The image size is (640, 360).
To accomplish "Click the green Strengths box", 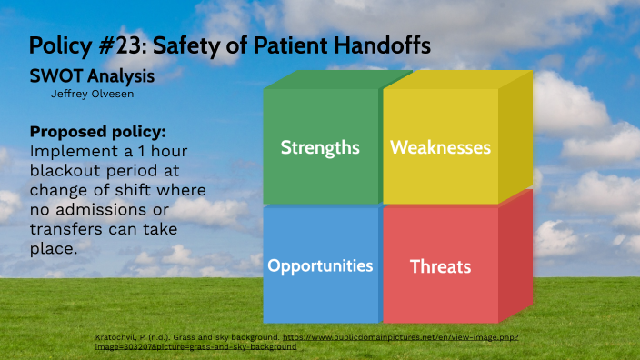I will click(320, 147).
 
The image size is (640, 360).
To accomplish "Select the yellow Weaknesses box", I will click(440, 147).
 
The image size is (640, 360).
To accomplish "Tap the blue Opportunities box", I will click(320, 265).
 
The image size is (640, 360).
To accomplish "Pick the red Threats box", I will click(440, 266).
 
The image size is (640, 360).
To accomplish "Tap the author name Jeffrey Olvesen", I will click(88, 93).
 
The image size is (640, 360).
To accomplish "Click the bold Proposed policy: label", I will click(98, 131).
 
